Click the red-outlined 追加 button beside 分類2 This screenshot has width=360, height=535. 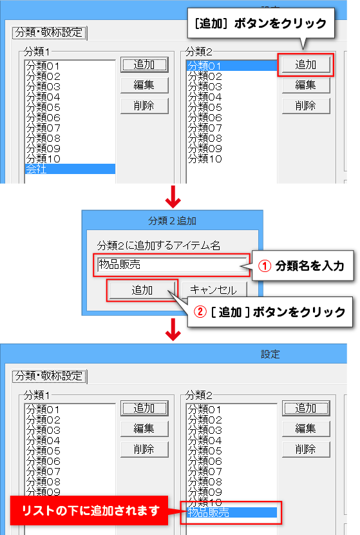click(305, 64)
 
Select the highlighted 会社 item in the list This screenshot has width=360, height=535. click(70, 169)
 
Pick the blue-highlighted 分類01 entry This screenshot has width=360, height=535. click(231, 66)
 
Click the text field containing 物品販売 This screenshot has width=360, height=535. click(171, 265)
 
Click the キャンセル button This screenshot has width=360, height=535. click(214, 289)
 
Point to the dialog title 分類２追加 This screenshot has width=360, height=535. click(172, 220)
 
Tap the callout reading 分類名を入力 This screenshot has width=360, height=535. click(303, 266)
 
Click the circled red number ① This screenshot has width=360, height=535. click(265, 266)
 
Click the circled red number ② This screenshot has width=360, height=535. click(200, 311)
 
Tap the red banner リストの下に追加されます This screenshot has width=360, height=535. click(90, 511)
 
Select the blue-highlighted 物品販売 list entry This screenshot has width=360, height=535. click(231, 512)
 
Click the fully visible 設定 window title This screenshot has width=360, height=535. click(270, 354)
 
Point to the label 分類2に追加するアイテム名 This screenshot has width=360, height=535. click(158, 246)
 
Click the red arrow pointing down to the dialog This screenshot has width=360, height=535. click(173, 197)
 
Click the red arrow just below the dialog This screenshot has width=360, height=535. click(173, 329)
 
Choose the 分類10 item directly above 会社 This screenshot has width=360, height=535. click(43, 159)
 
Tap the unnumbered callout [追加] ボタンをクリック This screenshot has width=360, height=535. click(261, 23)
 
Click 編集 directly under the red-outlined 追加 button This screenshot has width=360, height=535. click(306, 85)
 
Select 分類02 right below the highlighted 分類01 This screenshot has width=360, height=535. click(205, 76)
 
